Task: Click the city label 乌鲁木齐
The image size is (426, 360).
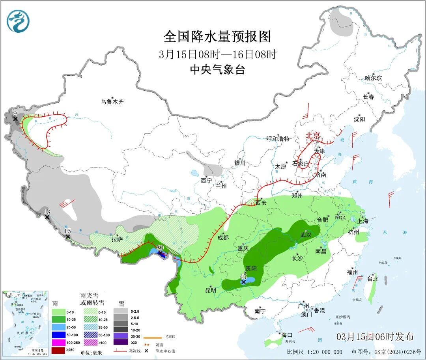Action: click(x=112, y=102)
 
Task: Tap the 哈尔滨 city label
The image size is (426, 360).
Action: click(x=373, y=78)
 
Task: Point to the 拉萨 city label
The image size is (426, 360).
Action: click(x=117, y=239)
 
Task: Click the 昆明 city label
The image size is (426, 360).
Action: click(x=211, y=290)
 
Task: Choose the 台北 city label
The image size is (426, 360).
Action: click(x=372, y=279)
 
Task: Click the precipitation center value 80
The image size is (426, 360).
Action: click(x=160, y=248)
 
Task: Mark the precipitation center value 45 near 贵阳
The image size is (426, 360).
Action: click(x=243, y=277)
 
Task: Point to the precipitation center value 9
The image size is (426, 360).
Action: click(x=15, y=114)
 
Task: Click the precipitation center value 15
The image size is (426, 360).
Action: click(x=67, y=231)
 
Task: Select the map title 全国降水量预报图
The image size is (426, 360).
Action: click(x=217, y=37)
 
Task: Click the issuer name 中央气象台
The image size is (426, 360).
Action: click(x=217, y=70)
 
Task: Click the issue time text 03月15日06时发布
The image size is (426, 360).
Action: click(x=375, y=337)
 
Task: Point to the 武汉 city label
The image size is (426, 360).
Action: click(x=306, y=235)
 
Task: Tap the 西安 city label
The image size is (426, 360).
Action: click(x=261, y=203)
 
